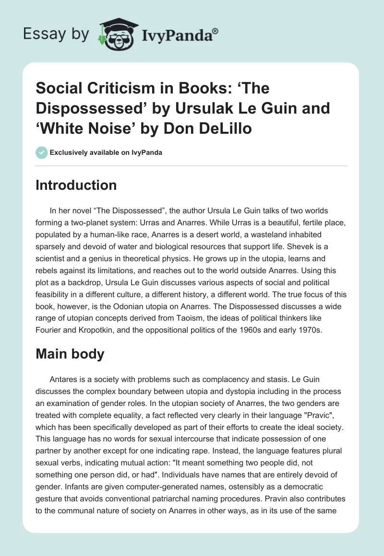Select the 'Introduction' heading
pos(76,185)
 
